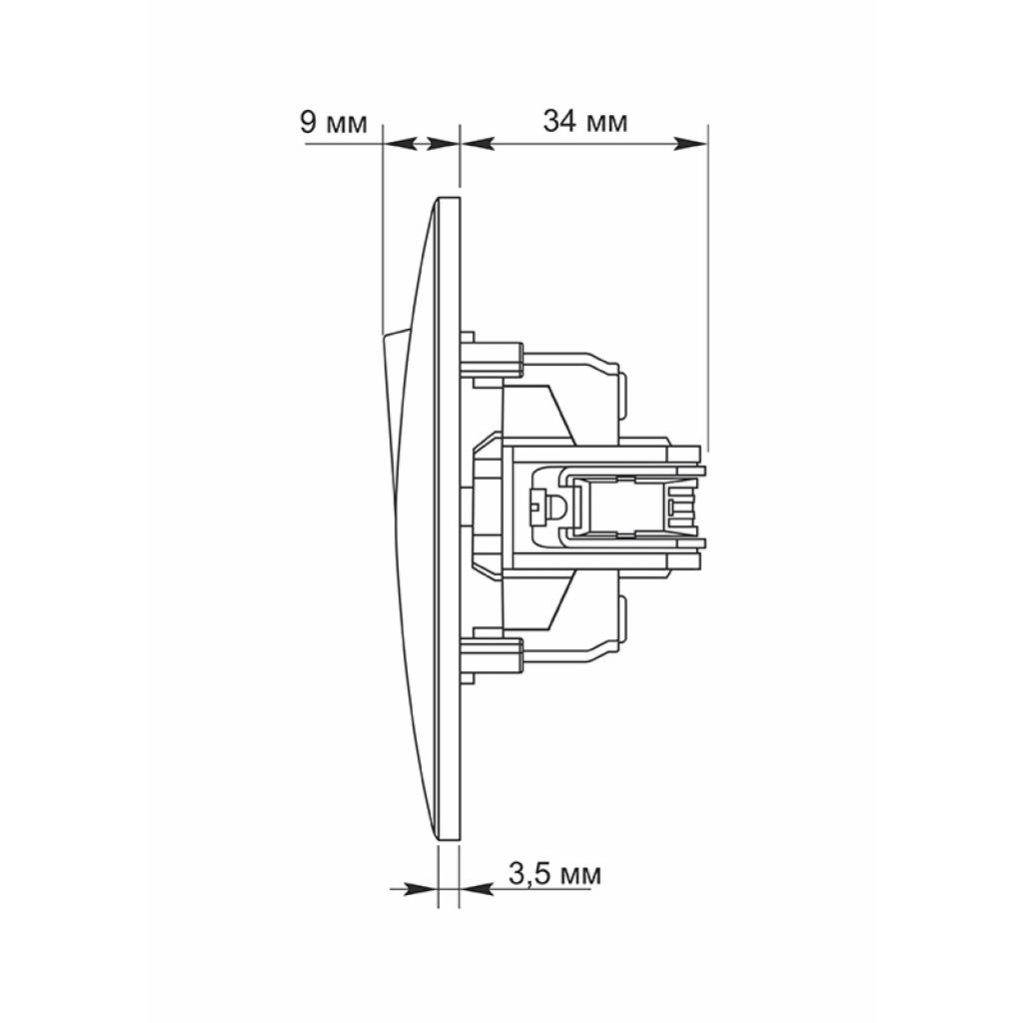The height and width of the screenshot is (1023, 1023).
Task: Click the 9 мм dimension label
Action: point(334,122)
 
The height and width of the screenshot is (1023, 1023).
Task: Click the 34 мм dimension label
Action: point(585,121)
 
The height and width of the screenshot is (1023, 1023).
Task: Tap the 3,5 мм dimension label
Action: point(554,874)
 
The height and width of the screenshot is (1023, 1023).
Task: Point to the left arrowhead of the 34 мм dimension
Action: point(478,144)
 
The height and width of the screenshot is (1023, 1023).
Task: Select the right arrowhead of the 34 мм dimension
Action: point(690,144)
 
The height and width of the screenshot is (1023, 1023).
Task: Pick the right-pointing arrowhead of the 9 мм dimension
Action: point(443,144)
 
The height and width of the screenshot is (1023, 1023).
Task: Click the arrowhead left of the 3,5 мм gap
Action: point(421,888)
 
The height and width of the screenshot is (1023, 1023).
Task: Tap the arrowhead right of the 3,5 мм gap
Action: point(477,888)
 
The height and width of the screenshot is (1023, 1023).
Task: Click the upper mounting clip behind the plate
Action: point(492,359)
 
